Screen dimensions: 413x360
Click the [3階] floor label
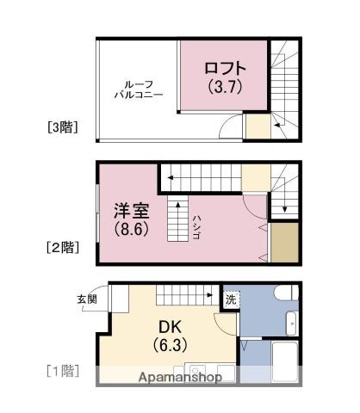(x=63, y=128)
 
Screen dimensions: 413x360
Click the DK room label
(x=168, y=328)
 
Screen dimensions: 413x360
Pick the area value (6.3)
(x=168, y=347)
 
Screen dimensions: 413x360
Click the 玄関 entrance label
(x=87, y=299)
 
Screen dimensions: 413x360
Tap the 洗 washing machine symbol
(x=231, y=300)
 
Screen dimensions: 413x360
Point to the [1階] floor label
(x=62, y=372)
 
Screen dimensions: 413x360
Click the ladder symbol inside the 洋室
(x=177, y=219)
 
